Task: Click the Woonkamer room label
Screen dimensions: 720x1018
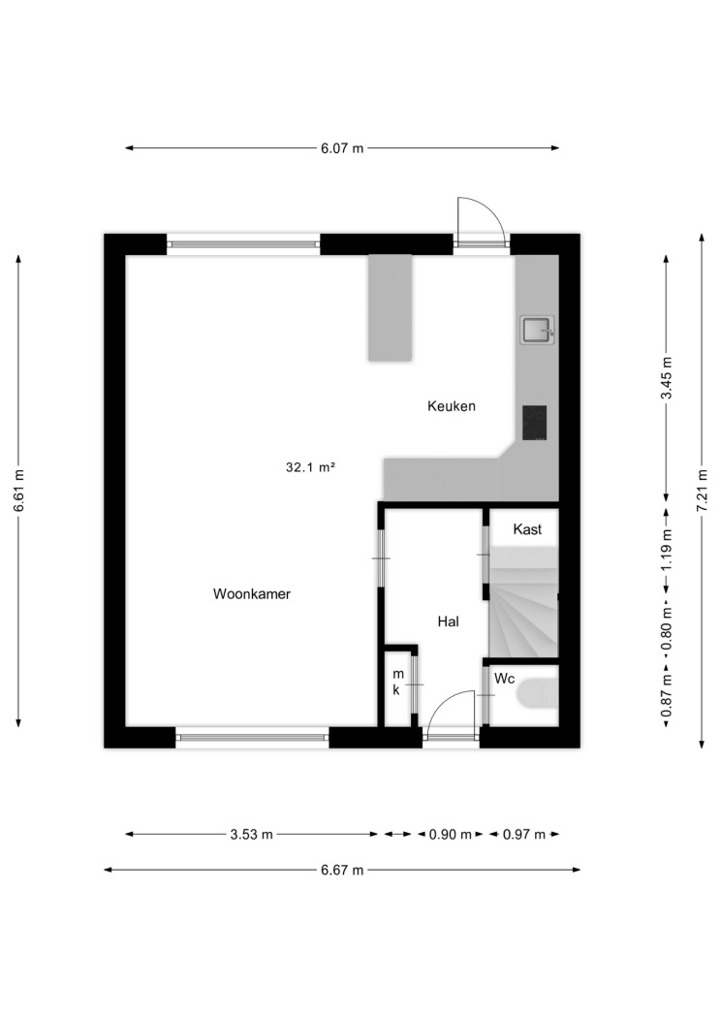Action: click(252, 593)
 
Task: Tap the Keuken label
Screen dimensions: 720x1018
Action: click(452, 406)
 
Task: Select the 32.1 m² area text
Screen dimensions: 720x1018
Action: click(310, 466)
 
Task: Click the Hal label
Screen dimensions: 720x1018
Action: click(449, 621)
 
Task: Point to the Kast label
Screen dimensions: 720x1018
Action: click(527, 529)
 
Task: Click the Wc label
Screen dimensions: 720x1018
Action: click(505, 679)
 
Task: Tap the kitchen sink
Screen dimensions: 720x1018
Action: click(537, 330)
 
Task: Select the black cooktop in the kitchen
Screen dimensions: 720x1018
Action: click(535, 423)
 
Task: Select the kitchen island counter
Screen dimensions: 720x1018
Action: click(391, 307)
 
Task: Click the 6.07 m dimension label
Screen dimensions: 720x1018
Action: click(342, 148)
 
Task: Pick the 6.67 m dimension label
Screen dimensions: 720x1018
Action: click(342, 870)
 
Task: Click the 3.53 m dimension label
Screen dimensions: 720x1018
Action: click(252, 834)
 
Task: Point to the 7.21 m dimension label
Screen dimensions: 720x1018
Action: click(702, 491)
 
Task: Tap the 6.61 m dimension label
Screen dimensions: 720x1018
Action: click(18, 491)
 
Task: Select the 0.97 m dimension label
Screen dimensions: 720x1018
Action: click(524, 834)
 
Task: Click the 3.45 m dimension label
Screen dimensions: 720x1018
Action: click(666, 378)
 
